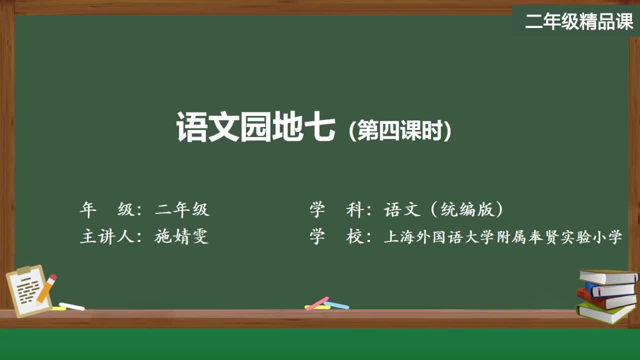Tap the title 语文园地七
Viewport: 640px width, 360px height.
click(x=255, y=127)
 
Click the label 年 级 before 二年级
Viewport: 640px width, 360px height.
click(x=107, y=209)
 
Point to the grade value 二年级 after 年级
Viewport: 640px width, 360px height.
click(x=182, y=209)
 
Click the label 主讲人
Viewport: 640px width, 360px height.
click(x=107, y=236)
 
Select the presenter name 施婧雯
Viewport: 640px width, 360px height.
click(x=181, y=236)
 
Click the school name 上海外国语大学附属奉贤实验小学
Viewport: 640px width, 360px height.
click(x=503, y=236)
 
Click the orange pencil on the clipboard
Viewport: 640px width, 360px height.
click(x=46, y=288)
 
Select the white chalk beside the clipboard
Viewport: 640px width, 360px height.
click(x=72, y=306)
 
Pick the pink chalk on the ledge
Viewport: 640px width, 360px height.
click(x=316, y=303)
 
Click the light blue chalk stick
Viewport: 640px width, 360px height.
click(x=336, y=305)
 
